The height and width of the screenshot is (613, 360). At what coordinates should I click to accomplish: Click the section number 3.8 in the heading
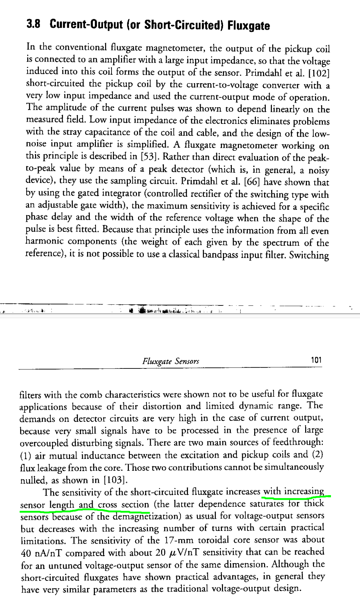33,24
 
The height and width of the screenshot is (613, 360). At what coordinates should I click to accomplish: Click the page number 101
316,360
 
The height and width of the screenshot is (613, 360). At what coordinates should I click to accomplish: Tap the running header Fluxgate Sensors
171,361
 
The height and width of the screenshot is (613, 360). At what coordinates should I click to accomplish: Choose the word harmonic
44,242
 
